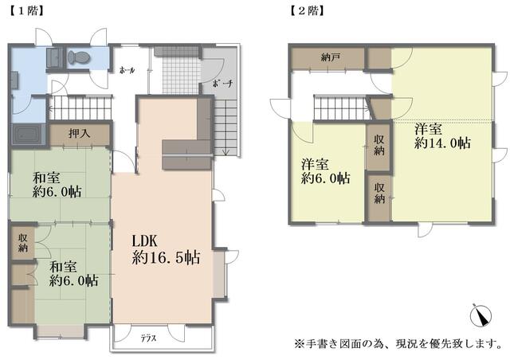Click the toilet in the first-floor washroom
coord(78,58)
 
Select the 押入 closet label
coord(80,133)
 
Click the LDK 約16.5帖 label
coord(166,249)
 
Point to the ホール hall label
coord(127,70)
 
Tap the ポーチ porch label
coord(222,84)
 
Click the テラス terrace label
coord(149,338)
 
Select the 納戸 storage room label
coord(331,58)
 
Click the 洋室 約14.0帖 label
coord(442,136)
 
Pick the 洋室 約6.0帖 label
coord(325,171)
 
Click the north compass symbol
coord(481,315)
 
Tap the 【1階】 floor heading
coord(26,11)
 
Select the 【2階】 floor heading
coord(307,11)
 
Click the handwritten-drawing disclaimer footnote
coord(398,344)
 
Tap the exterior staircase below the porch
coord(226,127)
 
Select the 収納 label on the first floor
coord(22,243)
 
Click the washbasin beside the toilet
coord(55,58)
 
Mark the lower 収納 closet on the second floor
coord(379,194)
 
